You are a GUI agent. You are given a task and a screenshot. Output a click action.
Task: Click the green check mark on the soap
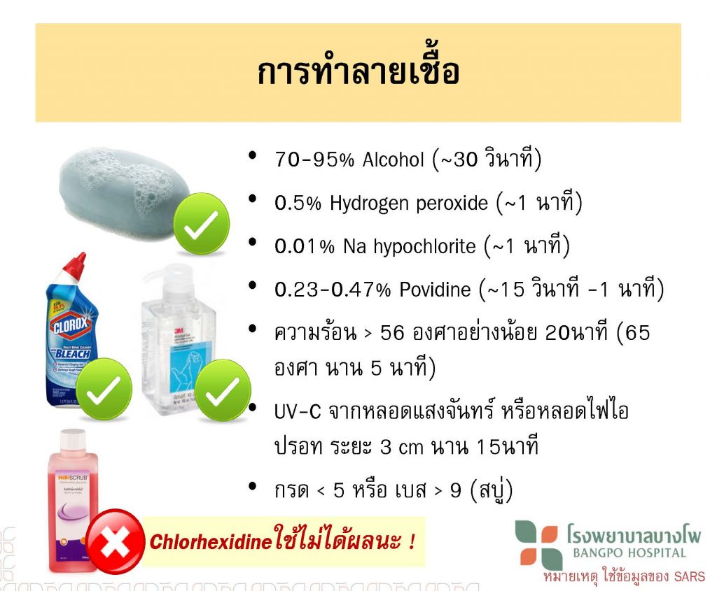[x=201, y=224]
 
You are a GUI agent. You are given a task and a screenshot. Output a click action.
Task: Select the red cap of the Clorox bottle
[x=74, y=268]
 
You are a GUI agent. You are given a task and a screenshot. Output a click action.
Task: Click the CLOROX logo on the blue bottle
[x=71, y=323]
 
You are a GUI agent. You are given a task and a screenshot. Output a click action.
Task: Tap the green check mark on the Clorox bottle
[x=104, y=390]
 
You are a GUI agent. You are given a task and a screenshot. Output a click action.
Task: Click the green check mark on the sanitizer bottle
[x=223, y=390]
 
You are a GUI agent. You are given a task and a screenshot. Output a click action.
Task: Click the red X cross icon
[x=115, y=541]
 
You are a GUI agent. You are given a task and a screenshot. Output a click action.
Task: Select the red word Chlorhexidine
[x=211, y=542]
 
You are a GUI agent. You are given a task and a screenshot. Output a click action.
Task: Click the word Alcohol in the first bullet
[x=394, y=160]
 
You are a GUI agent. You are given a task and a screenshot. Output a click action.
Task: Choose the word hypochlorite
[x=424, y=247]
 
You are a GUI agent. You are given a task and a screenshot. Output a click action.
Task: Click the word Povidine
[x=435, y=290]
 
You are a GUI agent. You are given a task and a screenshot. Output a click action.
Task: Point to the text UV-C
[x=298, y=411]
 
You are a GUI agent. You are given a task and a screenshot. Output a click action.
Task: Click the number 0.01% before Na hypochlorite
[x=305, y=247]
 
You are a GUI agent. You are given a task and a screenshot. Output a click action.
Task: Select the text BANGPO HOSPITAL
[x=629, y=553]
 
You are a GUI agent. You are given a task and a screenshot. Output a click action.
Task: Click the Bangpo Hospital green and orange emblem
[x=538, y=545]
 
